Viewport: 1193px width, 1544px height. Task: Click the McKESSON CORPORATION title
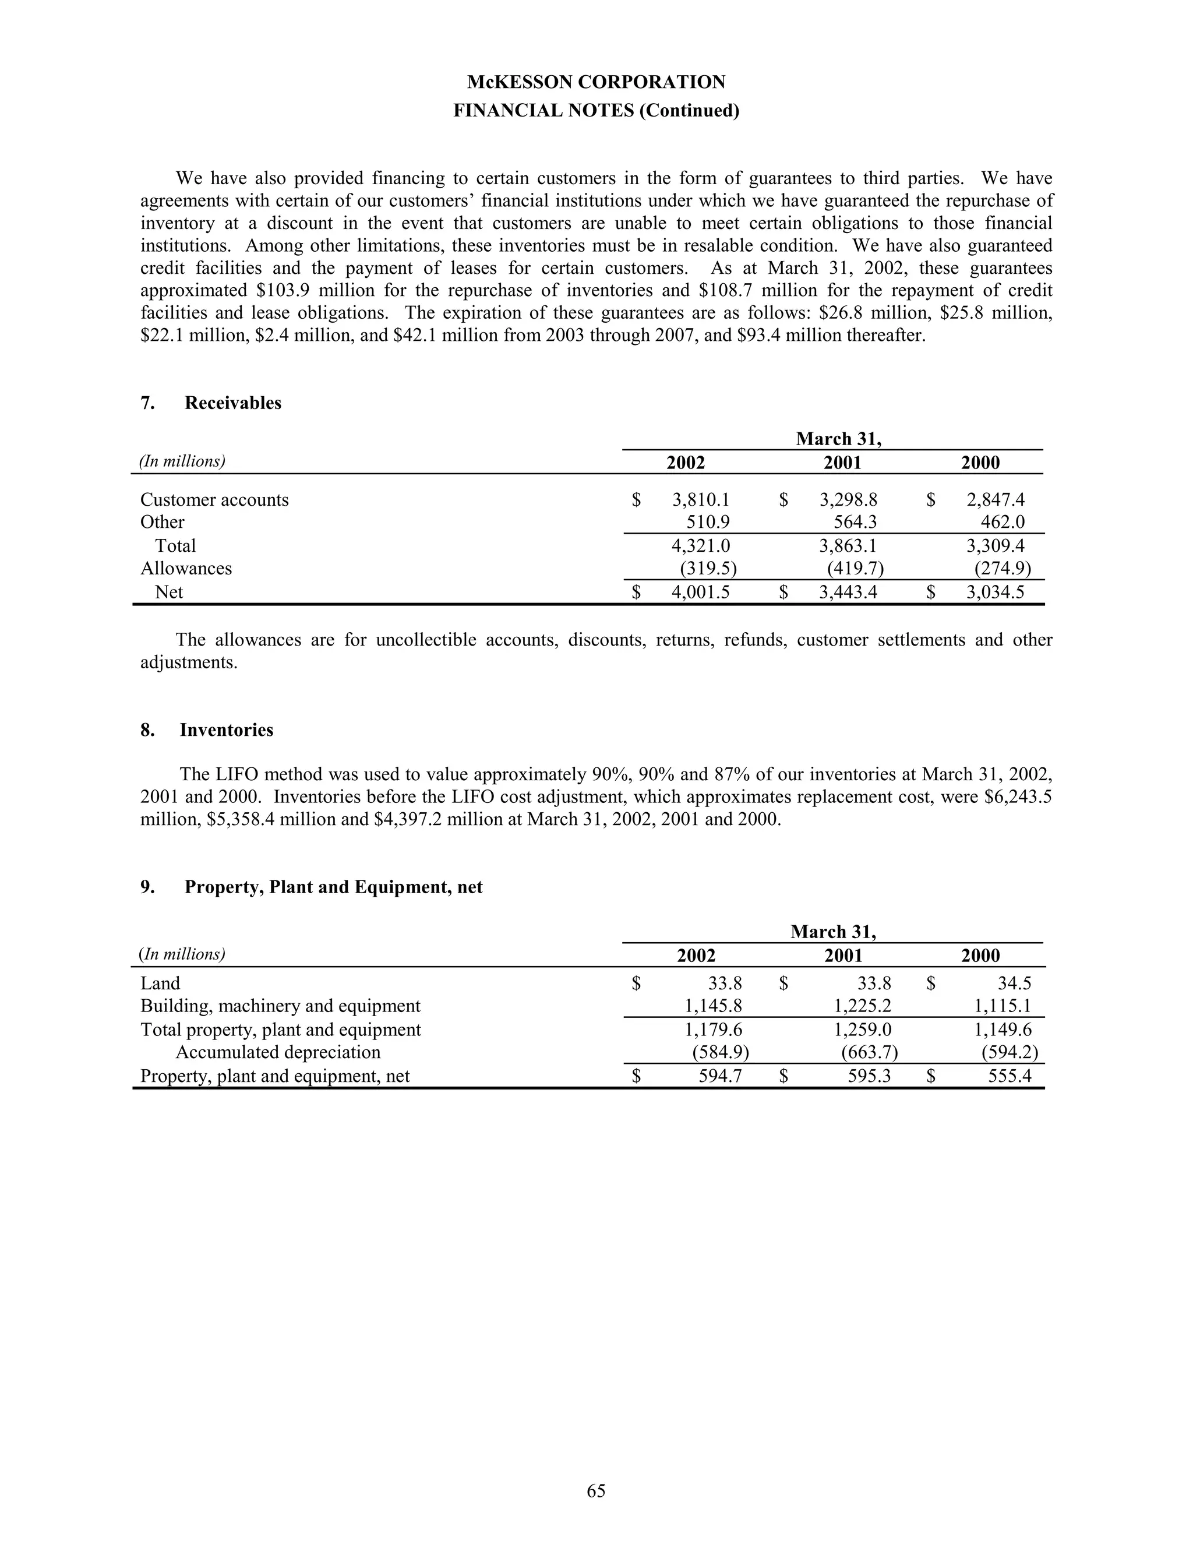(x=596, y=82)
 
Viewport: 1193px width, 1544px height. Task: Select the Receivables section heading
(x=232, y=403)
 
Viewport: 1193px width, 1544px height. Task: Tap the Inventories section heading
(x=226, y=729)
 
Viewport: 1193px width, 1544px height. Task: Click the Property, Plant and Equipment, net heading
(x=333, y=887)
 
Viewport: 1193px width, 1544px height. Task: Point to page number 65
(x=596, y=1490)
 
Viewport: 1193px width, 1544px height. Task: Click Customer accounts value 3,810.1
(x=700, y=500)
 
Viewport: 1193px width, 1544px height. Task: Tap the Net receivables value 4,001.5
(x=700, y=592)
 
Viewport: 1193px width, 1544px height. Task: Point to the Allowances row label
(x=186, y=569)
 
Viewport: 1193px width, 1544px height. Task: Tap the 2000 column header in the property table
(x=980, y=956)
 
